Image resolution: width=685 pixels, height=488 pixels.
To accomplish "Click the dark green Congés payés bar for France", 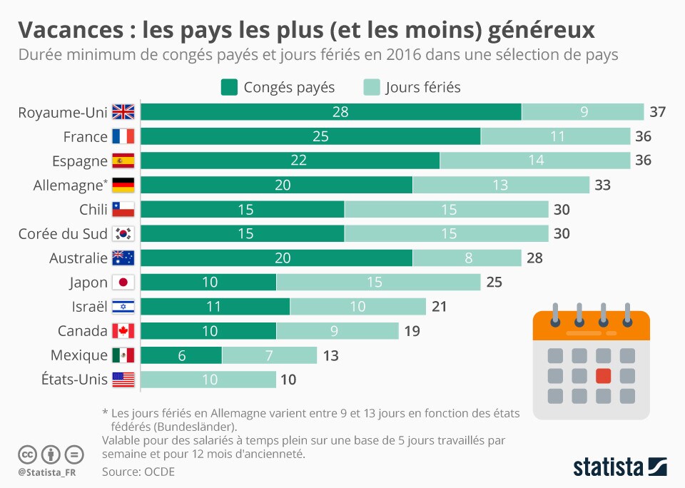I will (x=310, y=136).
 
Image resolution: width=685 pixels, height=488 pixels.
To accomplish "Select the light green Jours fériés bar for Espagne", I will (x=534, y=161).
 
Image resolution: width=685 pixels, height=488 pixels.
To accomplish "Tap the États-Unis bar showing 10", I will (x=208, y=380).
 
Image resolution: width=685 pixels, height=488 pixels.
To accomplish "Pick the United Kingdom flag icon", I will (x=123, y=112).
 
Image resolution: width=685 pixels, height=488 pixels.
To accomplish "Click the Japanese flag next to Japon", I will (x=123, y=283).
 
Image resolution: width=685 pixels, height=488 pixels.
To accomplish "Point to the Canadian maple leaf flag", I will (x=123, y=331).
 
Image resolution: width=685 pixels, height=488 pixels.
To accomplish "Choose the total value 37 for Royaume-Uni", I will (x=657, y=112).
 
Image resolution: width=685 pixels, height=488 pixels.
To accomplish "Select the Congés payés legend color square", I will (x=229, y=87).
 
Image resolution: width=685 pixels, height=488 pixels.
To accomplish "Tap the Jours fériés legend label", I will (x=423, y=87).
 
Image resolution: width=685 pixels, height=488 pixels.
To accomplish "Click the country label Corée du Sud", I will (x=63, y=234).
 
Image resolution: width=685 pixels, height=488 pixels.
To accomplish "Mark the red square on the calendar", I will (x=604, y=375).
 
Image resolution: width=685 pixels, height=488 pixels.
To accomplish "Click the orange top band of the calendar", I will (x=592, y=325).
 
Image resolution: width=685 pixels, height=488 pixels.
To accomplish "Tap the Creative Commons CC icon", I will (x=26, y=454).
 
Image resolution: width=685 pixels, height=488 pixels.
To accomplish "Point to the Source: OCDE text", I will (x=138, y=472).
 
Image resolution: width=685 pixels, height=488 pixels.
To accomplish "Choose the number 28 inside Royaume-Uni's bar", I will (x=340, y=112).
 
